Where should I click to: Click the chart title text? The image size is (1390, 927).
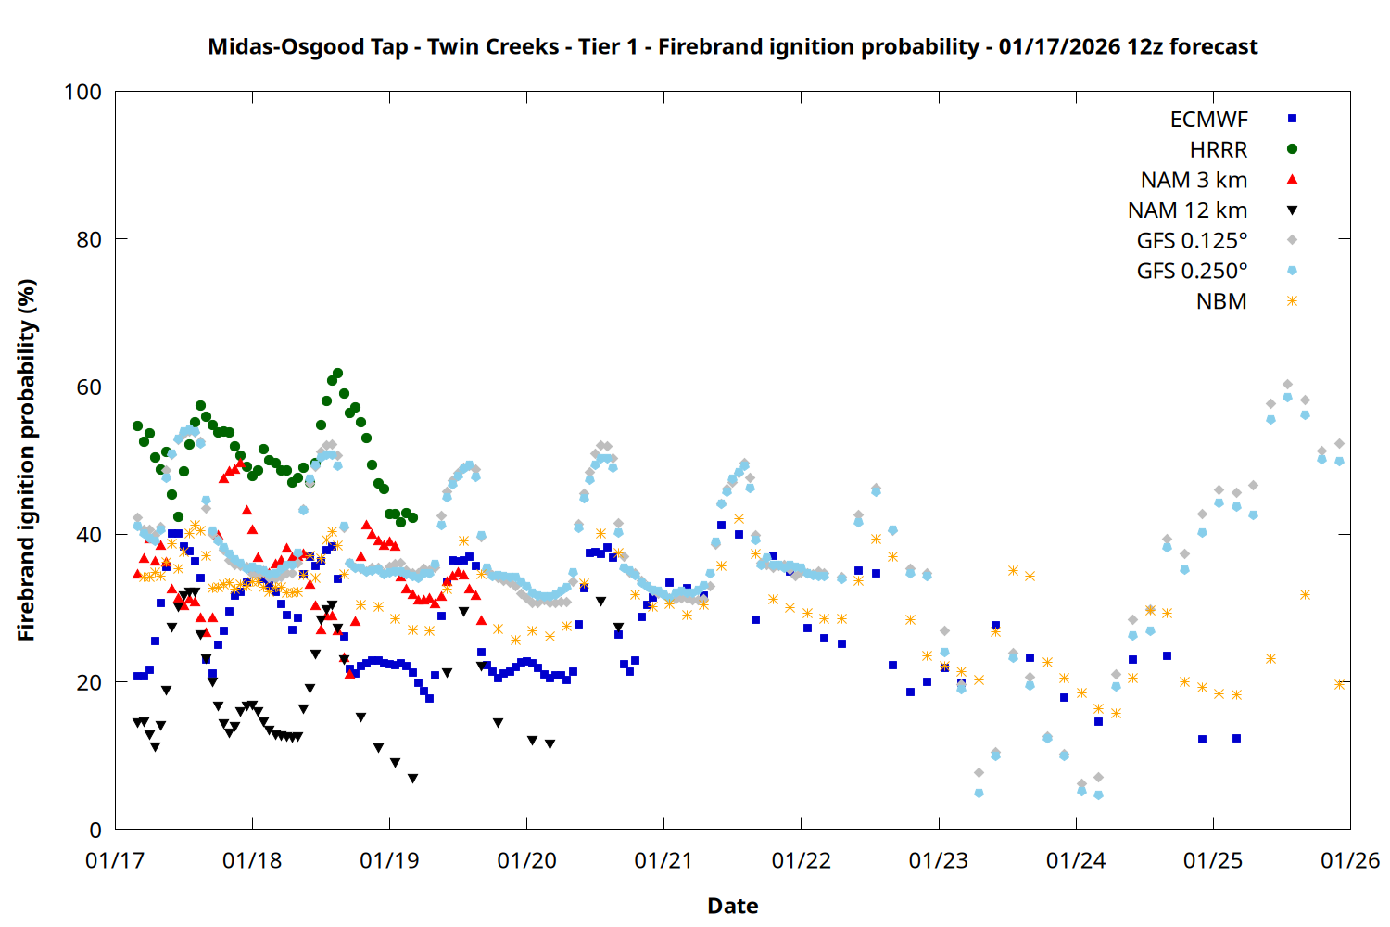(732, 46)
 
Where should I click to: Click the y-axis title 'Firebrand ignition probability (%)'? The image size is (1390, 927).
(26, 460)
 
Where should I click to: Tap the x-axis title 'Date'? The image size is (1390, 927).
(732, 906)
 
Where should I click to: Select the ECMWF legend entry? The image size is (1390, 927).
(1208, 120)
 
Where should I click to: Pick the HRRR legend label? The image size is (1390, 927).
(1219, 150)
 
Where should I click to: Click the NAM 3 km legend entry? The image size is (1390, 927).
(1194, 180)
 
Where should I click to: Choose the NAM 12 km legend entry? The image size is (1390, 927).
(1187, 210)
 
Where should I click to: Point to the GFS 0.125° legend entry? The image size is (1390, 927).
(1192, 241)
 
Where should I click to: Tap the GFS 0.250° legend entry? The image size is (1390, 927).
(1192, 272)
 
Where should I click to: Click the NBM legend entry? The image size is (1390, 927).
(1221, 301)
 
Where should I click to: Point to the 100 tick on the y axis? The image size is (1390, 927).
(82, 92)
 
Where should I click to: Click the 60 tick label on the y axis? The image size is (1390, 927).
(89, 387)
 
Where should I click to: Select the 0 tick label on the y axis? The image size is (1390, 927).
(95, 830)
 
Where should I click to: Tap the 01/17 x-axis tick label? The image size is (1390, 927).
(115, 861)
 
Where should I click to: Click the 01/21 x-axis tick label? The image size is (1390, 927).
(663, 861)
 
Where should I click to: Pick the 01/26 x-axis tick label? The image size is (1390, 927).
(1350, 861)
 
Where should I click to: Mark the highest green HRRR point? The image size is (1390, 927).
(337, 374)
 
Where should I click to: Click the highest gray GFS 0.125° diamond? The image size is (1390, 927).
(1287, 384)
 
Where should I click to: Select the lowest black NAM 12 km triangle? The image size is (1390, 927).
(412, 779)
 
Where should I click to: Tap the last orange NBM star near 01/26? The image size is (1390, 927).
(1339, 684)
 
